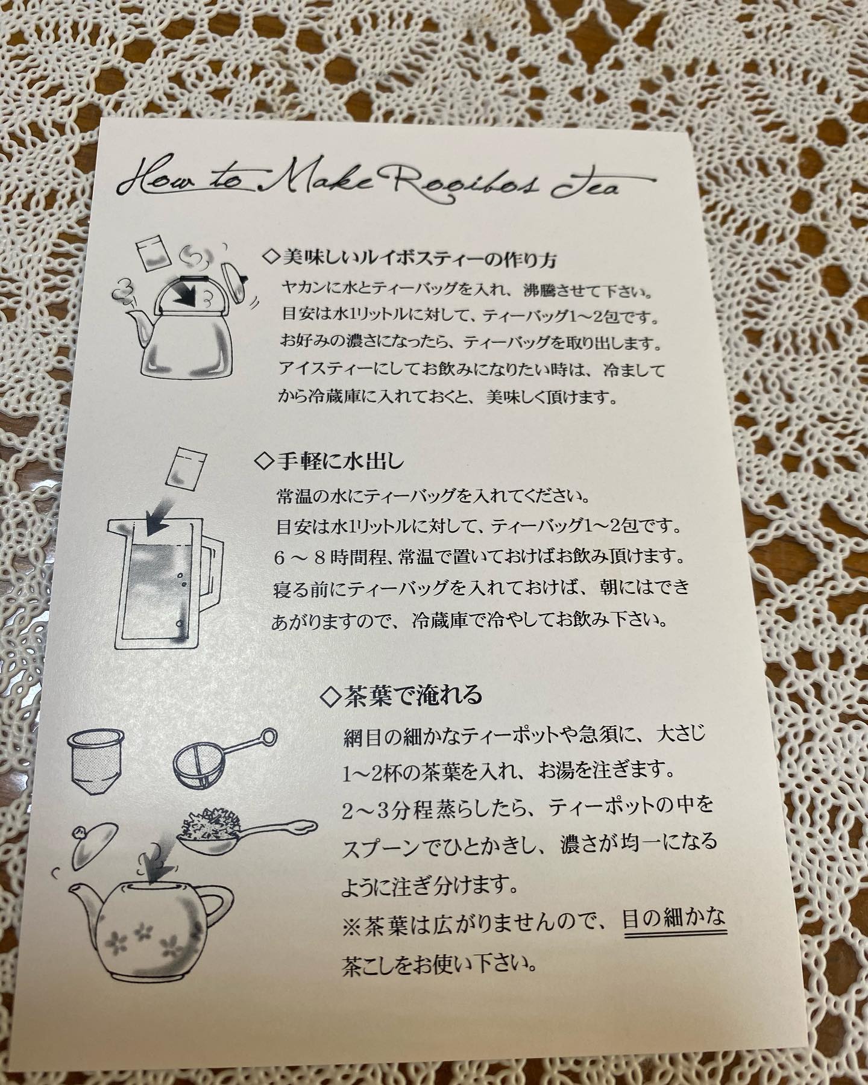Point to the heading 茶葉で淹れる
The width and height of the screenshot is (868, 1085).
click(403, 695)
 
